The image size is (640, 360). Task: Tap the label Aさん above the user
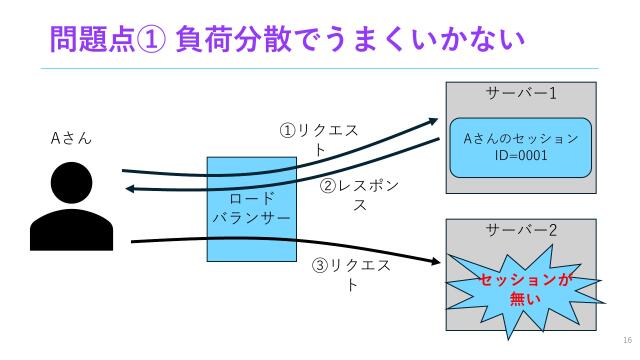point(71,138)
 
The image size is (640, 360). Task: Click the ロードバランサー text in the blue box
point(250,207)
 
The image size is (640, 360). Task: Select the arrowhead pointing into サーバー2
point(436,262)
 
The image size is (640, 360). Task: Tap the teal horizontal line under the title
point(320,68)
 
